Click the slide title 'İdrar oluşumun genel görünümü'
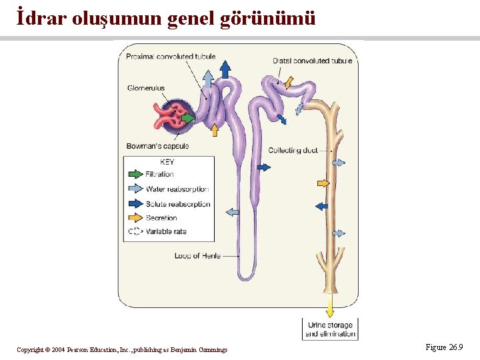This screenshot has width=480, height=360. click(x=166, y=18)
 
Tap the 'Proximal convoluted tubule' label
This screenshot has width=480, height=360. click(x=171, y=57)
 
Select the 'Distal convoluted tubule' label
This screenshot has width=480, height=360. click(x=312, y=61)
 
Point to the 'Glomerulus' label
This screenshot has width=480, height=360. click(x=146, y=88)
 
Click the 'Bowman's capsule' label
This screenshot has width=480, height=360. click(x=157, y=146)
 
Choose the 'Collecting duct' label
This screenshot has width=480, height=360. click(x=293, y=150)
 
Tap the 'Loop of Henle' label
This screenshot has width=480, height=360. click(x=197, y=255)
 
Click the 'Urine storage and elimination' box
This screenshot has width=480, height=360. click(x=331, y=329)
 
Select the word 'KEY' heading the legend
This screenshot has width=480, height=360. click(x=167, y=162)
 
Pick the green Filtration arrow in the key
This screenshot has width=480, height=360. click(x=135, y=174)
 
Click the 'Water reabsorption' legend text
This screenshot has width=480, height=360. click(x=177, y=189)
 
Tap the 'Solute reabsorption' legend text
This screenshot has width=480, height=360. click(x=178, y=204)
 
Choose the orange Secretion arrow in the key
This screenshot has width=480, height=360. click(x=135, y=218)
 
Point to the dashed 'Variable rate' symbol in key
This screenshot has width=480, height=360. click(x=135, y=231)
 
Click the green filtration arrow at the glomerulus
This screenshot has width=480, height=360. click(x=189, y=118)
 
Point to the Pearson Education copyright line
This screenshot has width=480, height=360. click(x=122, y=349)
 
